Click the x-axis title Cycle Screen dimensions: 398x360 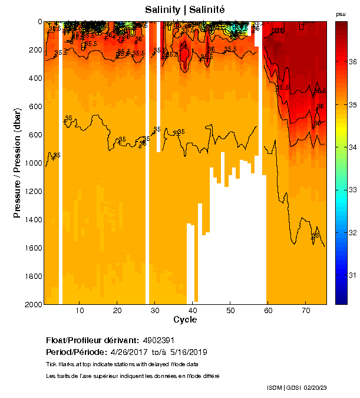pyautogui.click(x=185, y=320)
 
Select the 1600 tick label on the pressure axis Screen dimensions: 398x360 pyautogui.click(x=32, y=248)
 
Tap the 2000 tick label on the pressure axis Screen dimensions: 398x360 pyautogui.click(x=32, y=304)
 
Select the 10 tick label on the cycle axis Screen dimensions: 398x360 pyautogui.click(x=80, y=310)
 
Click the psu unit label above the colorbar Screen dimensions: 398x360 pyautogui.click(x=341, y=14)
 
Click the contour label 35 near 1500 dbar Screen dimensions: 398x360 pyautogui.click(x=316, y=235)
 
